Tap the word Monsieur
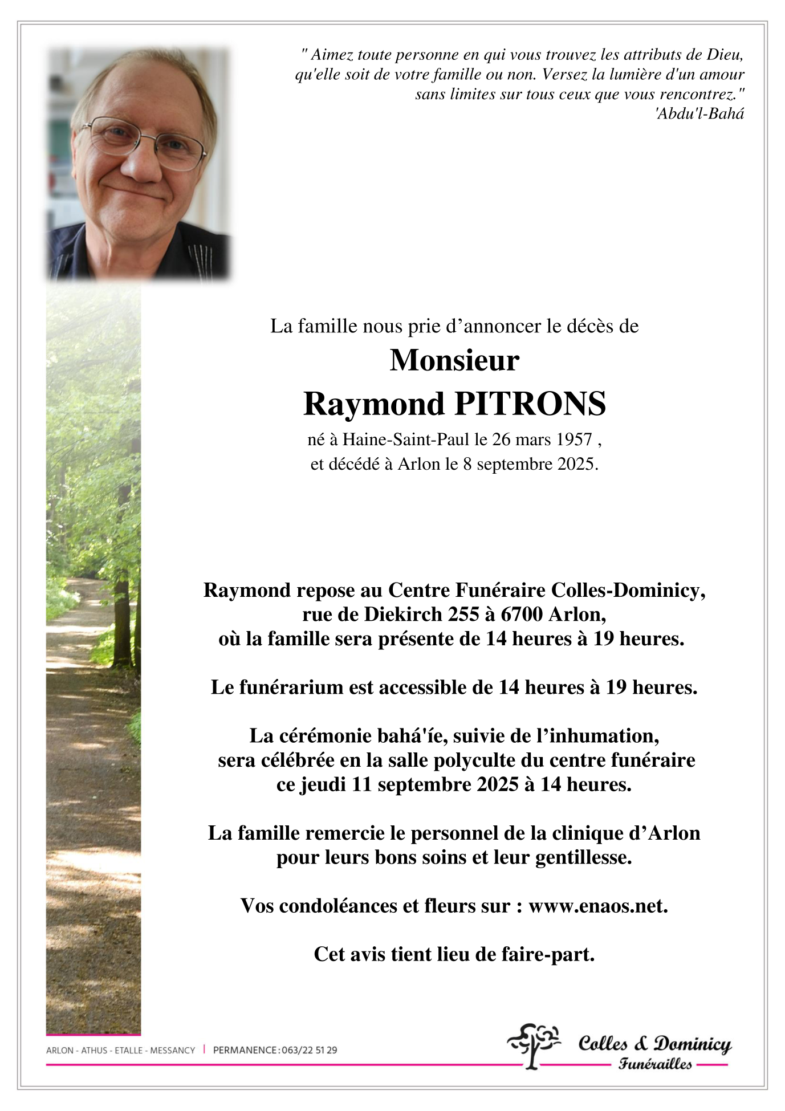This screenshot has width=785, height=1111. click(454, 360)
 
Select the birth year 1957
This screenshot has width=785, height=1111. click(574, 439)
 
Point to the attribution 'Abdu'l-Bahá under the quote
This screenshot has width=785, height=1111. click(699, 114)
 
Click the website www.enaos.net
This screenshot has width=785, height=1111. click(598, 906)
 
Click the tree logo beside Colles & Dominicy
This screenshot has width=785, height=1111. click(534, 1044)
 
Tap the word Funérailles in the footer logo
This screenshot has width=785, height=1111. click(655, 1064)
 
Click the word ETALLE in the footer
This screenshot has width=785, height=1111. click(129, 1050)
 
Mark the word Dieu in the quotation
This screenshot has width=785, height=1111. click(725, 55)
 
